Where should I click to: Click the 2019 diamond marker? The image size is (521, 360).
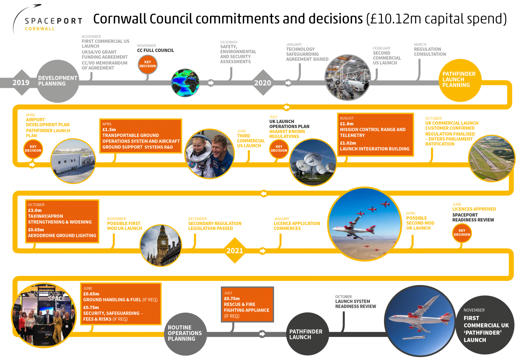pos(22,82)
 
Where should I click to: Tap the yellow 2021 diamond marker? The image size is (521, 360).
pos(235,251)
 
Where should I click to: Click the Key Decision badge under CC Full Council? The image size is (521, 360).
pos(148,64)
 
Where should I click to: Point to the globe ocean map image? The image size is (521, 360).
pos(185,83)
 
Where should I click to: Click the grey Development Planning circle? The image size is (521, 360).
pos(58,81)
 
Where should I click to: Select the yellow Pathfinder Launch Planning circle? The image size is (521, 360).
pos(460,80)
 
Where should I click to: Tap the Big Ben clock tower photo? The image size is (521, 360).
pos(161,245)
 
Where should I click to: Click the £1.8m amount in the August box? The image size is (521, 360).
pos(347,124)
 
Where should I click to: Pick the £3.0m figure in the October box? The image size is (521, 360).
pos(35,210)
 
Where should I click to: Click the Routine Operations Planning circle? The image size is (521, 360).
pos(185,334)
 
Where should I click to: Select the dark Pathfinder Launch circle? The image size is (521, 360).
pos(307,334)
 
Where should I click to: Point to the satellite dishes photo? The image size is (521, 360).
pos(313,162)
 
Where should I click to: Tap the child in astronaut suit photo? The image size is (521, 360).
pos(210,154)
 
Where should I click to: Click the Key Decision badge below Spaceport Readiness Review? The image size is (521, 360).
pos(462,233)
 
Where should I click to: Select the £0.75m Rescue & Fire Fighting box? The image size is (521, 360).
pos(247,304)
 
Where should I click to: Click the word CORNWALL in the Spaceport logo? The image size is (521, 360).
pos(40,29)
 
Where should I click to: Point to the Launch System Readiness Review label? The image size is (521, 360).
pos(355,304)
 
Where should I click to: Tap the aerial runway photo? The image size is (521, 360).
pos(491,158)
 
